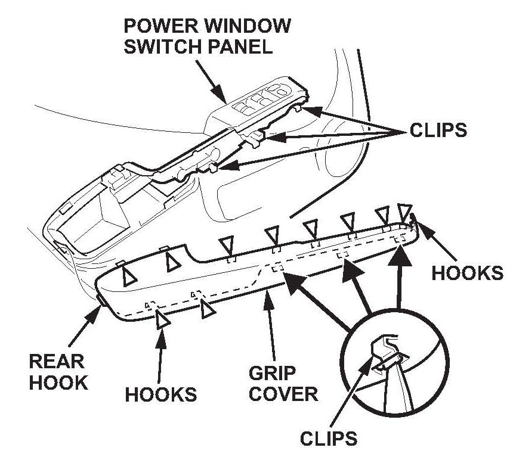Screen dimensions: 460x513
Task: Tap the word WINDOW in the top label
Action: (x=246, y=26)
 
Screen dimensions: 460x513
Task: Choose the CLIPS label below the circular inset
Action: (x=327, y=439)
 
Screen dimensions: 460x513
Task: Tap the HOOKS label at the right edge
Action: (x=467, y=272)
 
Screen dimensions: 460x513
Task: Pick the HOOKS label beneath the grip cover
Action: (x=161, y=394)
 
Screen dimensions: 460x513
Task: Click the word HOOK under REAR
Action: (x=59, y=382)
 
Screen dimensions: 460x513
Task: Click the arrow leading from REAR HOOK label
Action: (x=87, y=322)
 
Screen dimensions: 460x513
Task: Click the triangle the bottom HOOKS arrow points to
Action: (x=162, y=320)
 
